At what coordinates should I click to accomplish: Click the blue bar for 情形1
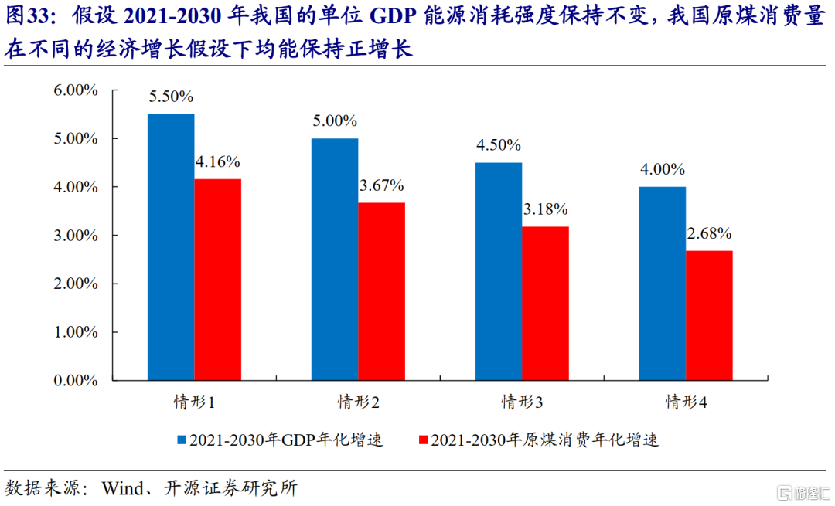point(171,247)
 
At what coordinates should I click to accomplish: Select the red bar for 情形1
point(218,280)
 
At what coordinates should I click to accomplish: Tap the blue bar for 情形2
point(335,260)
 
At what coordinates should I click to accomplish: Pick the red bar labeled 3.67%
point(382,291)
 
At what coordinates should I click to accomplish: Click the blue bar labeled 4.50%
point(499,271)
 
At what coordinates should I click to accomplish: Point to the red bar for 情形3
point(546,304)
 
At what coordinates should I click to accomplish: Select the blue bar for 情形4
point(663,284)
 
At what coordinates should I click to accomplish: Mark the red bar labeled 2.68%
point(710,315)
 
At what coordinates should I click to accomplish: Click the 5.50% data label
point(172,97)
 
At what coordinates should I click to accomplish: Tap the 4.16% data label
point(219,162)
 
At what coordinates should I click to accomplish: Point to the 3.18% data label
point(547,209)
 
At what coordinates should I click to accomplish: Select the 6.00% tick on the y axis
point(76,90)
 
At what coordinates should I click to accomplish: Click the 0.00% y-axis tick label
point(76,380)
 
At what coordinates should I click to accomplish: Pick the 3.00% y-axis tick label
point(76,236)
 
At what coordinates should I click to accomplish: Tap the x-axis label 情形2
point(358,402)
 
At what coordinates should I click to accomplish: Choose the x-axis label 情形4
point(687,402)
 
